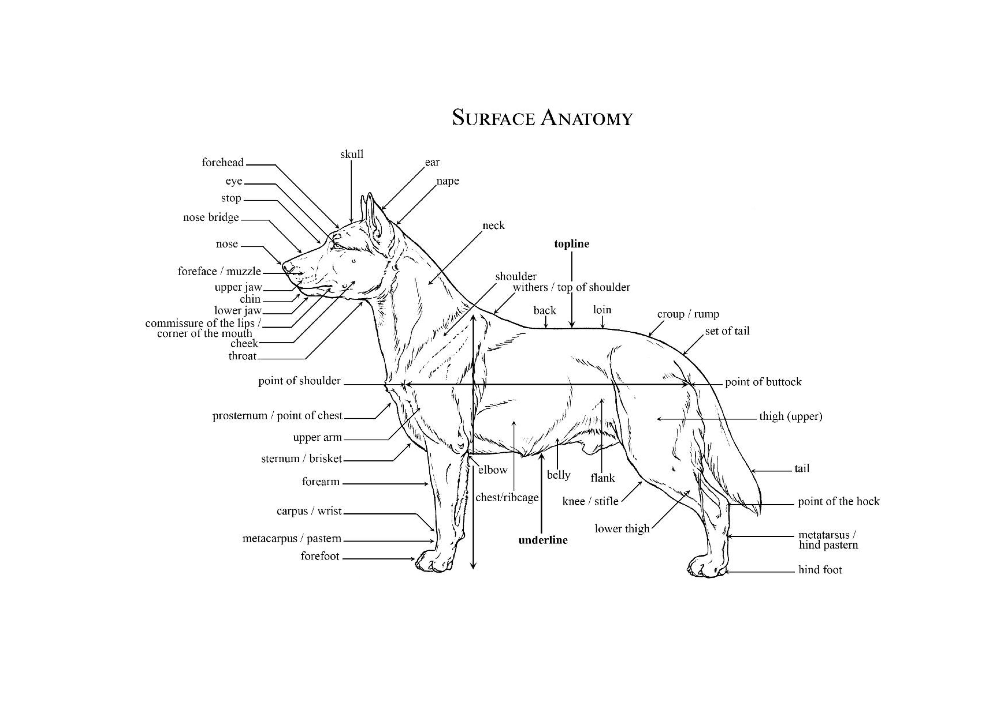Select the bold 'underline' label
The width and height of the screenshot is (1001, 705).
pos(543,540)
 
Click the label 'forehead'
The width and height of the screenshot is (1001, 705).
pos(222,162)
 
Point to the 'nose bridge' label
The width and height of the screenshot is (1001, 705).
pos(211,217)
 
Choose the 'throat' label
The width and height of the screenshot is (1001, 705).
pos(242,356)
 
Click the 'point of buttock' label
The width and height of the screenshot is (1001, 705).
pos(763,382)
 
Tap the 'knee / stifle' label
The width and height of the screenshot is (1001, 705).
pos(590,502)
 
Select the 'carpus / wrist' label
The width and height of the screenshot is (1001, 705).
pos(309,511)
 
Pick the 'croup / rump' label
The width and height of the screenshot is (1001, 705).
pos(688,314)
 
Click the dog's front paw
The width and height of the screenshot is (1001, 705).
pos(432,562)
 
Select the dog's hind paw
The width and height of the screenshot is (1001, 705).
pos(704,566)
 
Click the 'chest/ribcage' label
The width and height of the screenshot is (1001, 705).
pos(507,498)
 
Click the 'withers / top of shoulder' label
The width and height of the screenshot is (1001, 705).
pos(571,287)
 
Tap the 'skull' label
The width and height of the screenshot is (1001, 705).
pos(351,154)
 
